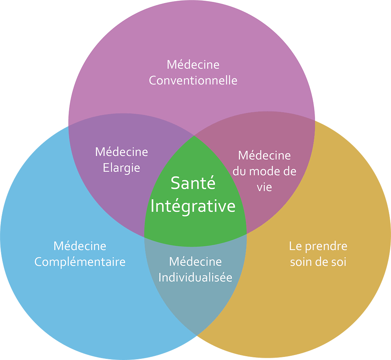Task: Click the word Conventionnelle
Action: (193, 81)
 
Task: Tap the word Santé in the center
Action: (193, 183)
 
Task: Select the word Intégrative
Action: (193, 206)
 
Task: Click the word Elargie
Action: (121, 168)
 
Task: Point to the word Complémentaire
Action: (80, 262)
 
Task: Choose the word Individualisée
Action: (195, 277)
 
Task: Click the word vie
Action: (264, 187)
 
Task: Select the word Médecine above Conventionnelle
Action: (193, 65)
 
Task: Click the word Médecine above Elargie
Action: (121, 152)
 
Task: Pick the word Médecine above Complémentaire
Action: (80, 246)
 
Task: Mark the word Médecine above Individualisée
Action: (195, 262)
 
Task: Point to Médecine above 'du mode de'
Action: (264, 155)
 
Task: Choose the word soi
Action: (338, 262)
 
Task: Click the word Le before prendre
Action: (295, 246)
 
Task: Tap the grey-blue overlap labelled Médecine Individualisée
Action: (195, 302)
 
